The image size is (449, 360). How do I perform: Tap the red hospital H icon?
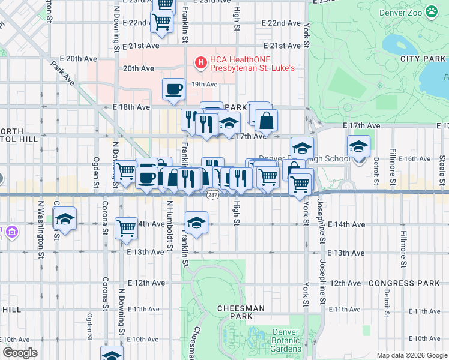point(200,62)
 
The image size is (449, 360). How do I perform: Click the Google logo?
point(20,353)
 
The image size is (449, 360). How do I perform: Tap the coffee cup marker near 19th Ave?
point(173,89)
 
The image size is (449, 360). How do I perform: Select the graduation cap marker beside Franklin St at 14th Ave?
point(196,223)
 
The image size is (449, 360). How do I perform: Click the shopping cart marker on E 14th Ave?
point(126,228)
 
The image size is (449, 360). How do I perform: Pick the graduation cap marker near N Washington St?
point(65,219)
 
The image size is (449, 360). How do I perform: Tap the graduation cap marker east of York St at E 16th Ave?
point(358,146)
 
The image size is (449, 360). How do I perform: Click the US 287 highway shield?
point(212,194)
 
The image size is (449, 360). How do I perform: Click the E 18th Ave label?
point(131,107)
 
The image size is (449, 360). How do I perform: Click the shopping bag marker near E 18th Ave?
point(266,120)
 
